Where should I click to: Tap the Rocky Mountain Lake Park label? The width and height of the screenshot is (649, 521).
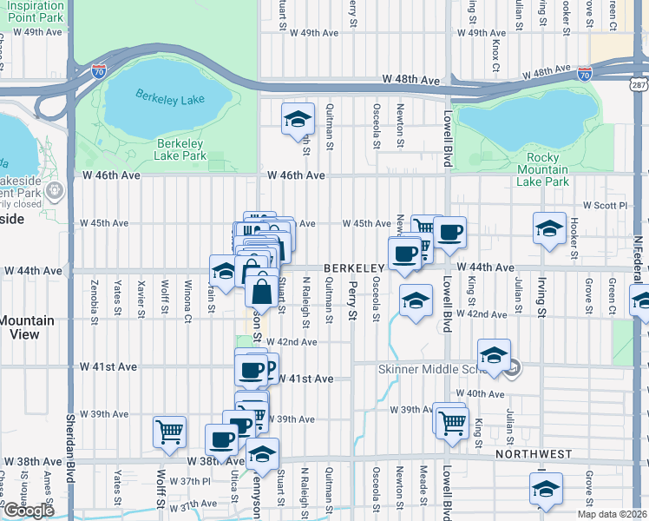coord(542,169)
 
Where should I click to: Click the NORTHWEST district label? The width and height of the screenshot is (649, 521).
coord(533,454)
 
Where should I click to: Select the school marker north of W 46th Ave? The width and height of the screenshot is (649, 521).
coord(298,118)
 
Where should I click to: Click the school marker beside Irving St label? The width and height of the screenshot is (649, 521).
coord(548,229)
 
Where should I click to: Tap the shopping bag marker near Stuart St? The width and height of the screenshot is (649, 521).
coord(261,290)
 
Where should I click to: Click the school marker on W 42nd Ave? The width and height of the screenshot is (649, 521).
coord(416,301)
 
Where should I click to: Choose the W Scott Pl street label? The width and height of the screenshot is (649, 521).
coord(606,206)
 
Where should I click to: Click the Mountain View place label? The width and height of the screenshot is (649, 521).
coord(26,326)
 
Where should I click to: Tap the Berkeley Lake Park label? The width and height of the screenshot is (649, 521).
coord(180,149)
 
